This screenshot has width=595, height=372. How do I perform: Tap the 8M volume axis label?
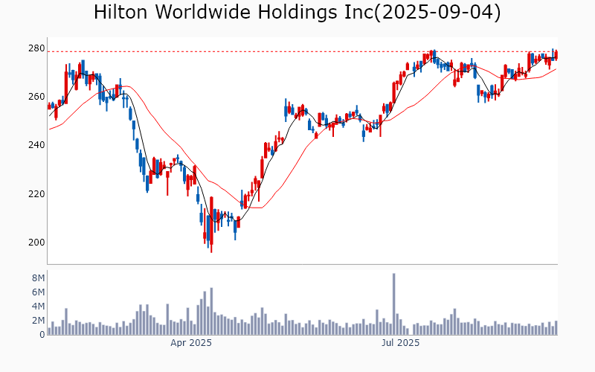(x=37, y=278)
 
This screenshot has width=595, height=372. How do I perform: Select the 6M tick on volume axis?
(x=37, y=292)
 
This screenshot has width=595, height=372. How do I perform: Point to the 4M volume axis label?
(x=37, y=306)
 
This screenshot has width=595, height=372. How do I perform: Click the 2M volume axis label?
(x=37, y=320)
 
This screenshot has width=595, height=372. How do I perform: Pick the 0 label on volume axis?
(x=42, y=334)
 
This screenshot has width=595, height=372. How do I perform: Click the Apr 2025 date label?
(x=191, y=343)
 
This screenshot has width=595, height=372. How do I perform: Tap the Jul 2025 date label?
(x=401, y=343)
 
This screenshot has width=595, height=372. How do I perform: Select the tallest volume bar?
(x=393, y=304)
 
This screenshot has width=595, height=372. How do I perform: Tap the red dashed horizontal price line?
(x=297, y=51)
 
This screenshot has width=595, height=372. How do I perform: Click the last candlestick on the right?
(x=556, y=54)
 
